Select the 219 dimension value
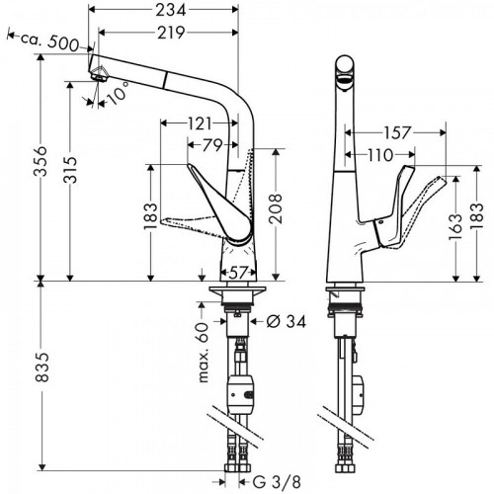coord(165,33)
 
